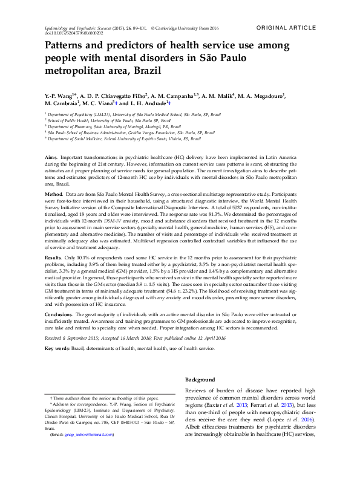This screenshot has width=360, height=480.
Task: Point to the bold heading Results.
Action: click(54, 274)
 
